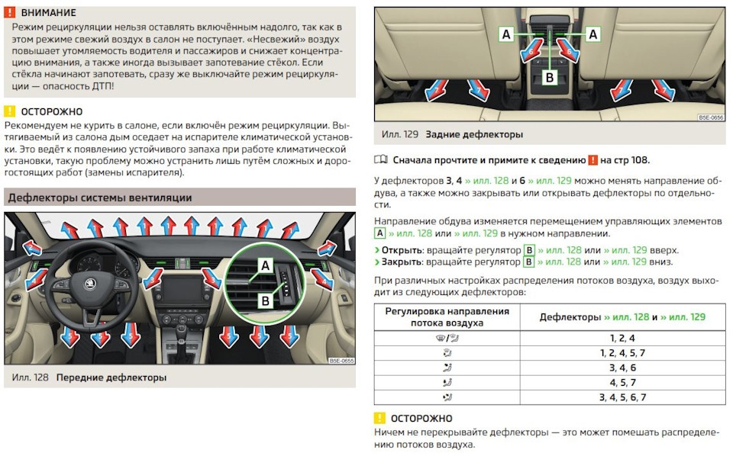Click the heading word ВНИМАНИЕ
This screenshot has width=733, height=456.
point(48,12)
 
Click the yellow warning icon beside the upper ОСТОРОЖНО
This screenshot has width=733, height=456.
point(9,111)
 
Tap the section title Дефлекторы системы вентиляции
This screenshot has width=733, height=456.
point(99,198)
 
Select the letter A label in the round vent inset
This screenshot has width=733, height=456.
point(265,265)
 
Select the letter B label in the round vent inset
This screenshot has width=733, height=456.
point(265,300)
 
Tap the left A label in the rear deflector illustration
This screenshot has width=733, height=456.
point(505,34)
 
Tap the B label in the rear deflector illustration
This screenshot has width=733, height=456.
point(549,76)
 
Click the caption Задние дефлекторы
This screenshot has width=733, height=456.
point(473,134)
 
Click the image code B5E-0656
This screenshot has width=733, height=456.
point(710,118)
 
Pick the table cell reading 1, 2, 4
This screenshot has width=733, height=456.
point(622,338)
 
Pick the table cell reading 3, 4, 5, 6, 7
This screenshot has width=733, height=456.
point(622,397)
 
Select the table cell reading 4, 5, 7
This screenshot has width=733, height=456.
point(622,382)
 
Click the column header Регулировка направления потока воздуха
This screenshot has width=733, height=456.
point(447,317)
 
